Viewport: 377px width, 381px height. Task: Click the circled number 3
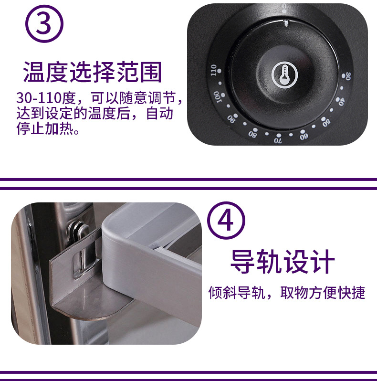pos(44,24)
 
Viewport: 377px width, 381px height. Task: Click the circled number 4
pos(226,221)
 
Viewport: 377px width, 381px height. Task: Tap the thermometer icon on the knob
pos(284,75)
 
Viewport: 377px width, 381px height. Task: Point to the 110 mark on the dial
pos(213,70)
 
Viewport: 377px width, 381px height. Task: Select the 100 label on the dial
pos(218,97)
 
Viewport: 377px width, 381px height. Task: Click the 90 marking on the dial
pos(231,119)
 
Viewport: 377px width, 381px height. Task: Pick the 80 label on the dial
pos(252,134)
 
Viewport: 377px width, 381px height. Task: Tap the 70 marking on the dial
pos(278,140)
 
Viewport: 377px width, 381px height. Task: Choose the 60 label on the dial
pos(304,137)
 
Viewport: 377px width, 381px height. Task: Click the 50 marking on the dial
pos(326,123)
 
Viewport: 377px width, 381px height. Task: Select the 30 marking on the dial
pos(348,76)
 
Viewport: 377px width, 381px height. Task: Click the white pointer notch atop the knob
pos(286,23)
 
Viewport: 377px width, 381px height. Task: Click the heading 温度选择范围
pos(92,72)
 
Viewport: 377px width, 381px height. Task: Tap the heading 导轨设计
pos(283,262)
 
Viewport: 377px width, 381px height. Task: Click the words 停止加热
pos(45,128)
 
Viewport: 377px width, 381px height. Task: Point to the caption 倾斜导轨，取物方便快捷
pos(287,292)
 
